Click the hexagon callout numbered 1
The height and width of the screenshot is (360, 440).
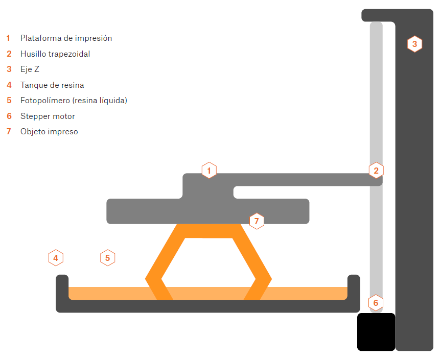point(209,170)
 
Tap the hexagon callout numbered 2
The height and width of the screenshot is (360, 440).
point(376,170)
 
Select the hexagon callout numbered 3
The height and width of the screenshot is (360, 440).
point(414,44)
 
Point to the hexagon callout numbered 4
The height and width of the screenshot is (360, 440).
point(56,258)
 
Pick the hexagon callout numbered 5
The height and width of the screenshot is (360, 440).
point(107,258)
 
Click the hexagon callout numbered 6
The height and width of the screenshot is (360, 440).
point(376,302)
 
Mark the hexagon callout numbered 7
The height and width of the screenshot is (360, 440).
point(257,221)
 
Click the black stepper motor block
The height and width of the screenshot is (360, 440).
point(376,332)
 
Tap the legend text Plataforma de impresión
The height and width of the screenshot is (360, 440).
point(66,38)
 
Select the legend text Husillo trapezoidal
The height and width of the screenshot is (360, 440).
point(55,54)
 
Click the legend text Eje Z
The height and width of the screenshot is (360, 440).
point(30,69)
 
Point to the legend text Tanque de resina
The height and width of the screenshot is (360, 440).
point(52,85)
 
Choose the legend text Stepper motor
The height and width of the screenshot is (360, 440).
point(48,116)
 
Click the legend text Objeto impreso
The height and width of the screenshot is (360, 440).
point(49,132)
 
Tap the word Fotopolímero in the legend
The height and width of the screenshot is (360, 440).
point(45,101)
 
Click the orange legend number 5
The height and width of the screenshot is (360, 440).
point(9,101)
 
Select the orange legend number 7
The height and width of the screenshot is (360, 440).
point(9,132)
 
